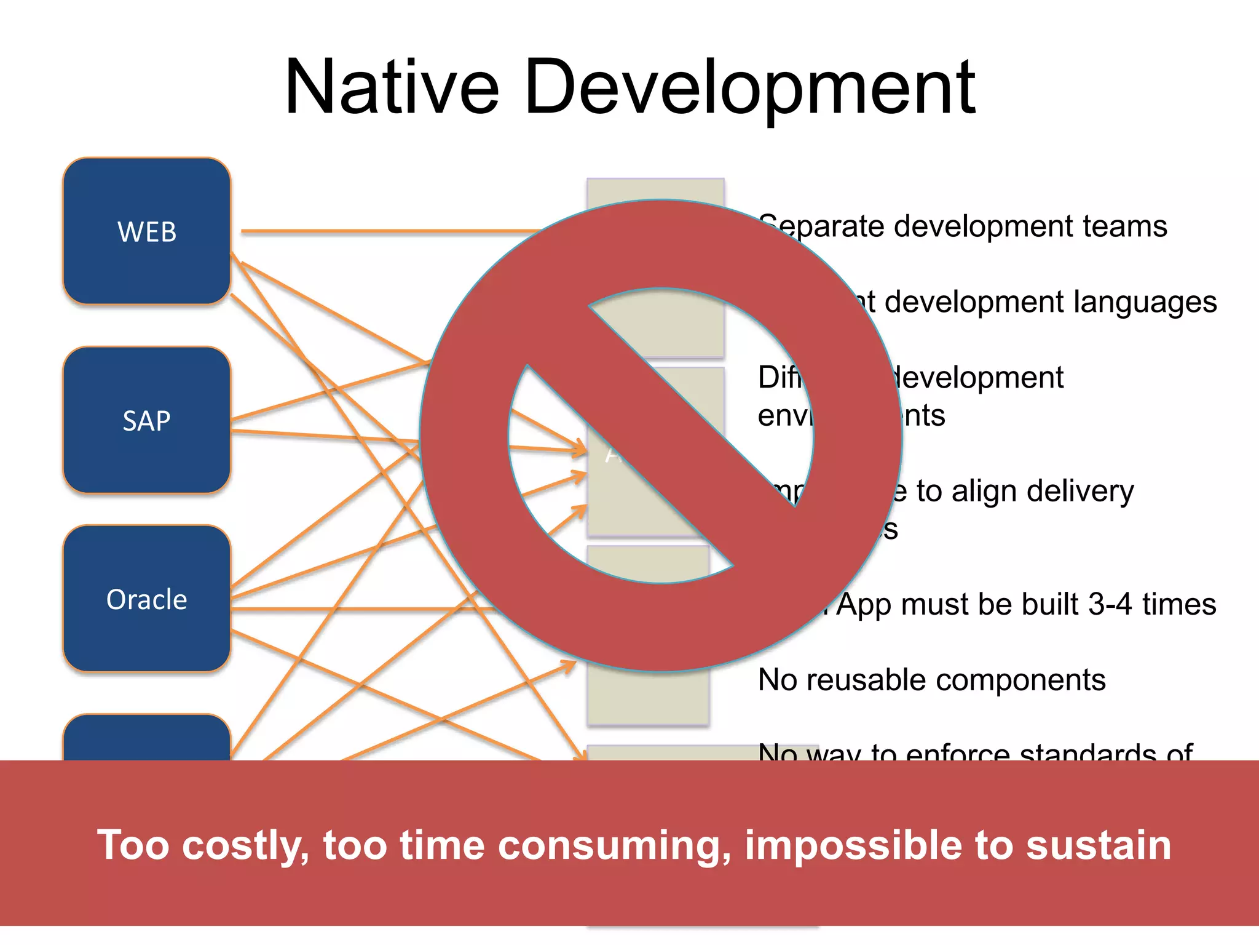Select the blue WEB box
(x=147, y=231)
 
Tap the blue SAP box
(x=147, y=421)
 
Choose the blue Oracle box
(x=147, y=599)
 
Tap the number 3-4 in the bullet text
(x=1110, y=605)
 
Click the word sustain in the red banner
(x=1098, y=845)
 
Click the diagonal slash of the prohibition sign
(x=661, y=435)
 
